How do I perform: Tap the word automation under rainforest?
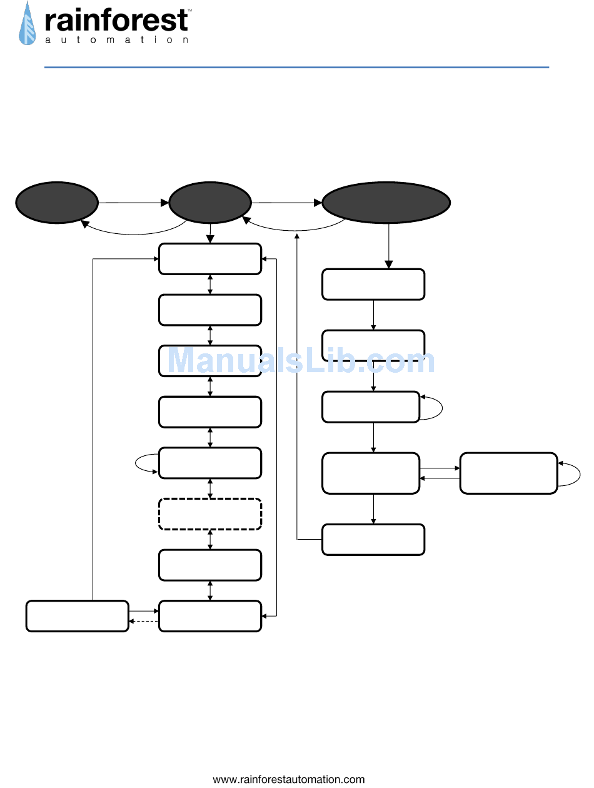pyautogui.click(x=116, y=40)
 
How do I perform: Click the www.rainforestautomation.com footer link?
pyautogui.click(x=289, y=779)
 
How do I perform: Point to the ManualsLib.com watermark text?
pyautogui.click(x=301, y=361)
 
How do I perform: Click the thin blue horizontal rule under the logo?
pyautogui.click(x=296, y=67)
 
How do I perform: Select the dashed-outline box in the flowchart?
pyautogui.click(x=210, y=514)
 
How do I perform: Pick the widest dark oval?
pyautogui.click(x=386, y=203)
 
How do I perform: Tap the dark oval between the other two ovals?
pyautogui.click(x=210, y=203)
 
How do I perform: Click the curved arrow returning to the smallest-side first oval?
pyautogui.click(x=134, y=231)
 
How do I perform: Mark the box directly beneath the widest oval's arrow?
pyautogui.click(x=373, y=285)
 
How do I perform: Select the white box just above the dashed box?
pyautogui.click(x=210, y=463)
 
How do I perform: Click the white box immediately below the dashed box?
pyautogui.click(x=210, y=565)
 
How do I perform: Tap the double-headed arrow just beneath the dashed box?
pyautogui.click(x=210, y=540)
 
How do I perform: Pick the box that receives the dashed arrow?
pyautogui.click(x=78, y=616)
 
